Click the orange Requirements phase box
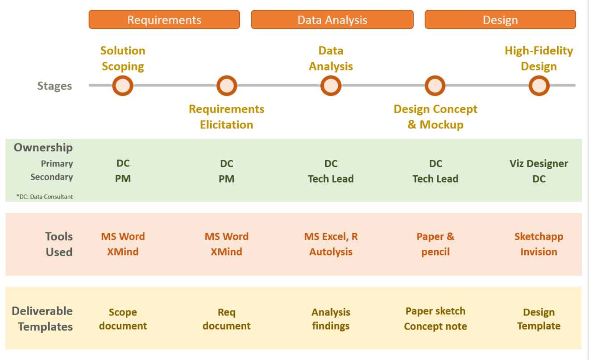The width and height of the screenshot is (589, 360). pyautogui.click(x=164, y=20)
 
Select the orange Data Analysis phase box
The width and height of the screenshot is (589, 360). pyautogui.click(x=332, y=20)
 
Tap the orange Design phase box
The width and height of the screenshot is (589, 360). pyautogui.click(x=500, y=20)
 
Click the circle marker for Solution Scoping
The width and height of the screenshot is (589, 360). pyautogui.click(x=123, y=86)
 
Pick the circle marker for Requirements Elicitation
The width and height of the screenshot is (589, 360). pyautogui.click(x=227, y=86)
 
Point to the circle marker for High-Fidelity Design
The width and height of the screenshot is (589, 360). pyautogui.click(x=539, y=86)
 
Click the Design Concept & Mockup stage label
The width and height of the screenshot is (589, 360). pyautogui.click(x=436, y=117)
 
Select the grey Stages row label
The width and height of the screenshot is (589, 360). pyautogui.click(x=54, y=86)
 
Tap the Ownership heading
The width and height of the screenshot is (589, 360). pyautogui.click(x=43, y=148)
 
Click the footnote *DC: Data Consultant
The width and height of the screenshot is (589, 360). pyautogui.click(x=45, y=197)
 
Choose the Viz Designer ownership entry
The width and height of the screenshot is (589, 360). pyautogui.click(x=539, y=164)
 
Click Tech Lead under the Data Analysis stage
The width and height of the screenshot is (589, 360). pyautogui.click(x=331, y=179)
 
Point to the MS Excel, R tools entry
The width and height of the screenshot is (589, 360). pyautogui.click(x=331, y=237)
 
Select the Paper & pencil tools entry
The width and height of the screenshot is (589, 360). pyautogui.click(x=436, y=244)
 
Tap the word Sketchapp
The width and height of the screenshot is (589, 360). pyautogui.click(x=539, y=237)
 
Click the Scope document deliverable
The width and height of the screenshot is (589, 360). pyautogui.click(x=123, y=319)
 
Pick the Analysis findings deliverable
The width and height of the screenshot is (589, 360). pyautogui.click(x=331, y=319)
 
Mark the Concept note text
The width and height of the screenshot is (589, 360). pyautogui.click(x=436, y=327)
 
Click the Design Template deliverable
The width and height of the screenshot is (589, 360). pyautogui.click(x=539, y=319)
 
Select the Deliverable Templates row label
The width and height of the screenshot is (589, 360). pyautogui.click(x=42, y=319)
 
